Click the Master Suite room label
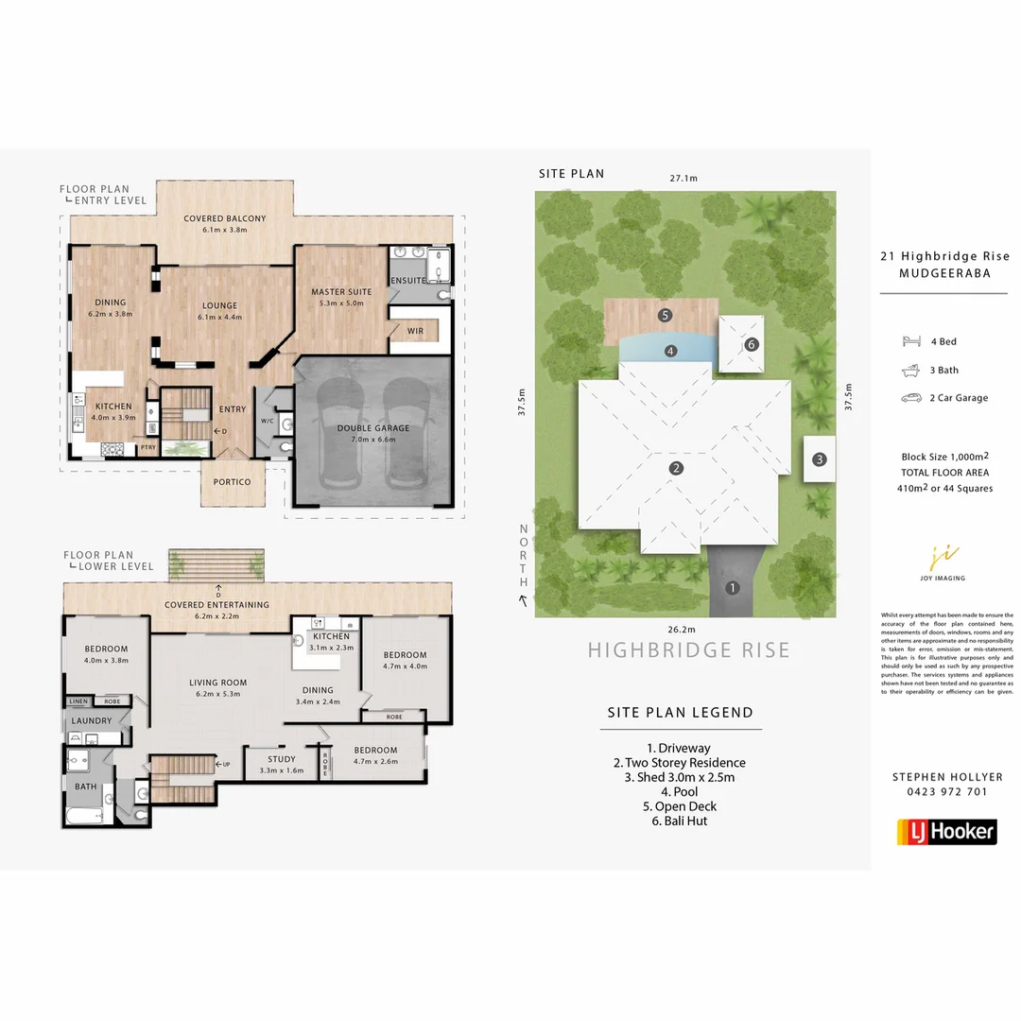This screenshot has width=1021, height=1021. coord(341,291)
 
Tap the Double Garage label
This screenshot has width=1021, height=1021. coord(373,428)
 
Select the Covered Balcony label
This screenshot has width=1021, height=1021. coord(224,218)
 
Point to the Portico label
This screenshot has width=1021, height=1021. coord(232,482)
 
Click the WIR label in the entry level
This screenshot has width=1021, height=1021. coord(415,332)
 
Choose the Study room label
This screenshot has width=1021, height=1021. coord(281,759)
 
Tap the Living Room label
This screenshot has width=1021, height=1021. coord(217,683)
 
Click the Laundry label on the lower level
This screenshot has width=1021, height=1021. coord(92,721)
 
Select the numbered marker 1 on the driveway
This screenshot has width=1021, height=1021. coord(731,587)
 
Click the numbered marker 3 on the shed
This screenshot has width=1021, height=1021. coord(820,460)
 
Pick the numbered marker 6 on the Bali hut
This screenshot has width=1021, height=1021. coord(752,344)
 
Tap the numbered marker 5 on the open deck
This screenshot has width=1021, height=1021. coord(666,315)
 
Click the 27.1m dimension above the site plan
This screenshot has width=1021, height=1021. coord(684,178)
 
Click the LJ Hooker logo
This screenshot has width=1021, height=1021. coord(945,831)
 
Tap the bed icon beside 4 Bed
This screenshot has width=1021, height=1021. coord(911,341)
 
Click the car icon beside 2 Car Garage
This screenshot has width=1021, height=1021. coord(911,398)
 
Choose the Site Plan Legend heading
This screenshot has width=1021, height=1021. coord(680,713)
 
